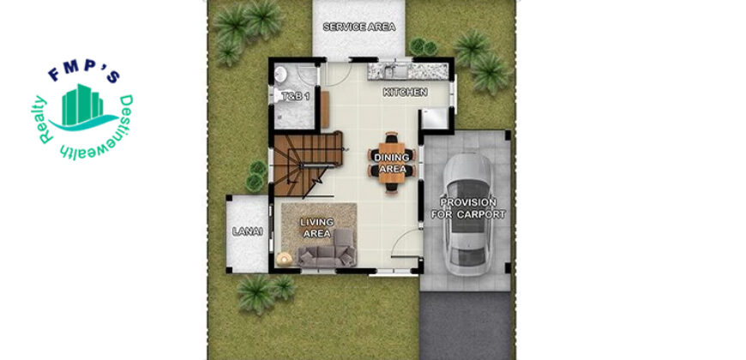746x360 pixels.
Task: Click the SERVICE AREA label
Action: tap(359, 27)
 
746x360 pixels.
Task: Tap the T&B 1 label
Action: tap(296, 97)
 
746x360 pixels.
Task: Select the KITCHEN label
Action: tap(406, 93)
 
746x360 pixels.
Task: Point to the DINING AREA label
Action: tap(392, 163)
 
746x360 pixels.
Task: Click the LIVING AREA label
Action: tap(317, 228)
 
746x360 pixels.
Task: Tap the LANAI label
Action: tap(248, 231)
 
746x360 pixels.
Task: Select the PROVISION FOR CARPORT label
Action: tap(468, 208)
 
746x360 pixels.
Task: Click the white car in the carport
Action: tap(467, 214)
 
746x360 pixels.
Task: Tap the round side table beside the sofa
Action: tap(285, 259)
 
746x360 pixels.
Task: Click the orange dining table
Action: tap(392, 163)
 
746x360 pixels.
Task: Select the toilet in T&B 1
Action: tap(277, 95)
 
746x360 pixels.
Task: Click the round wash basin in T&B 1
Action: tap(280, 74)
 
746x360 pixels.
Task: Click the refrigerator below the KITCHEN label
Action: tap(435, 118)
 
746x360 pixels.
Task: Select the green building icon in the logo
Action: tap(82, 105)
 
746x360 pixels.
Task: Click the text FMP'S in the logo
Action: tap(84, 73)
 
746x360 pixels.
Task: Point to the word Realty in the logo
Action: tap(43, 119)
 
